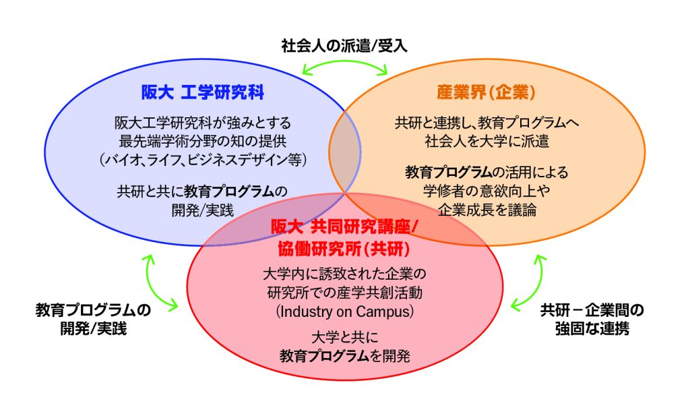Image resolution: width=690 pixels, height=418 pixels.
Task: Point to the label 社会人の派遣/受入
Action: coord(344,46)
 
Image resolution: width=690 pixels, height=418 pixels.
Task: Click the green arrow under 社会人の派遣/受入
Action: coord(345,65)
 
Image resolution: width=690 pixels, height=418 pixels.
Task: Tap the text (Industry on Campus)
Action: coord(344,312)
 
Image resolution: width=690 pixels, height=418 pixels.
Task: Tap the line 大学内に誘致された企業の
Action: coord(344,275)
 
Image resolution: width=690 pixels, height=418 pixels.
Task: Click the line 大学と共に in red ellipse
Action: coord(344,336)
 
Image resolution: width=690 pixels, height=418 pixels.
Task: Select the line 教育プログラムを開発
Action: coord(344,355)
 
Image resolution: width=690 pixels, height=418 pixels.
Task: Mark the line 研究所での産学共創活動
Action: coord(344,293)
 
